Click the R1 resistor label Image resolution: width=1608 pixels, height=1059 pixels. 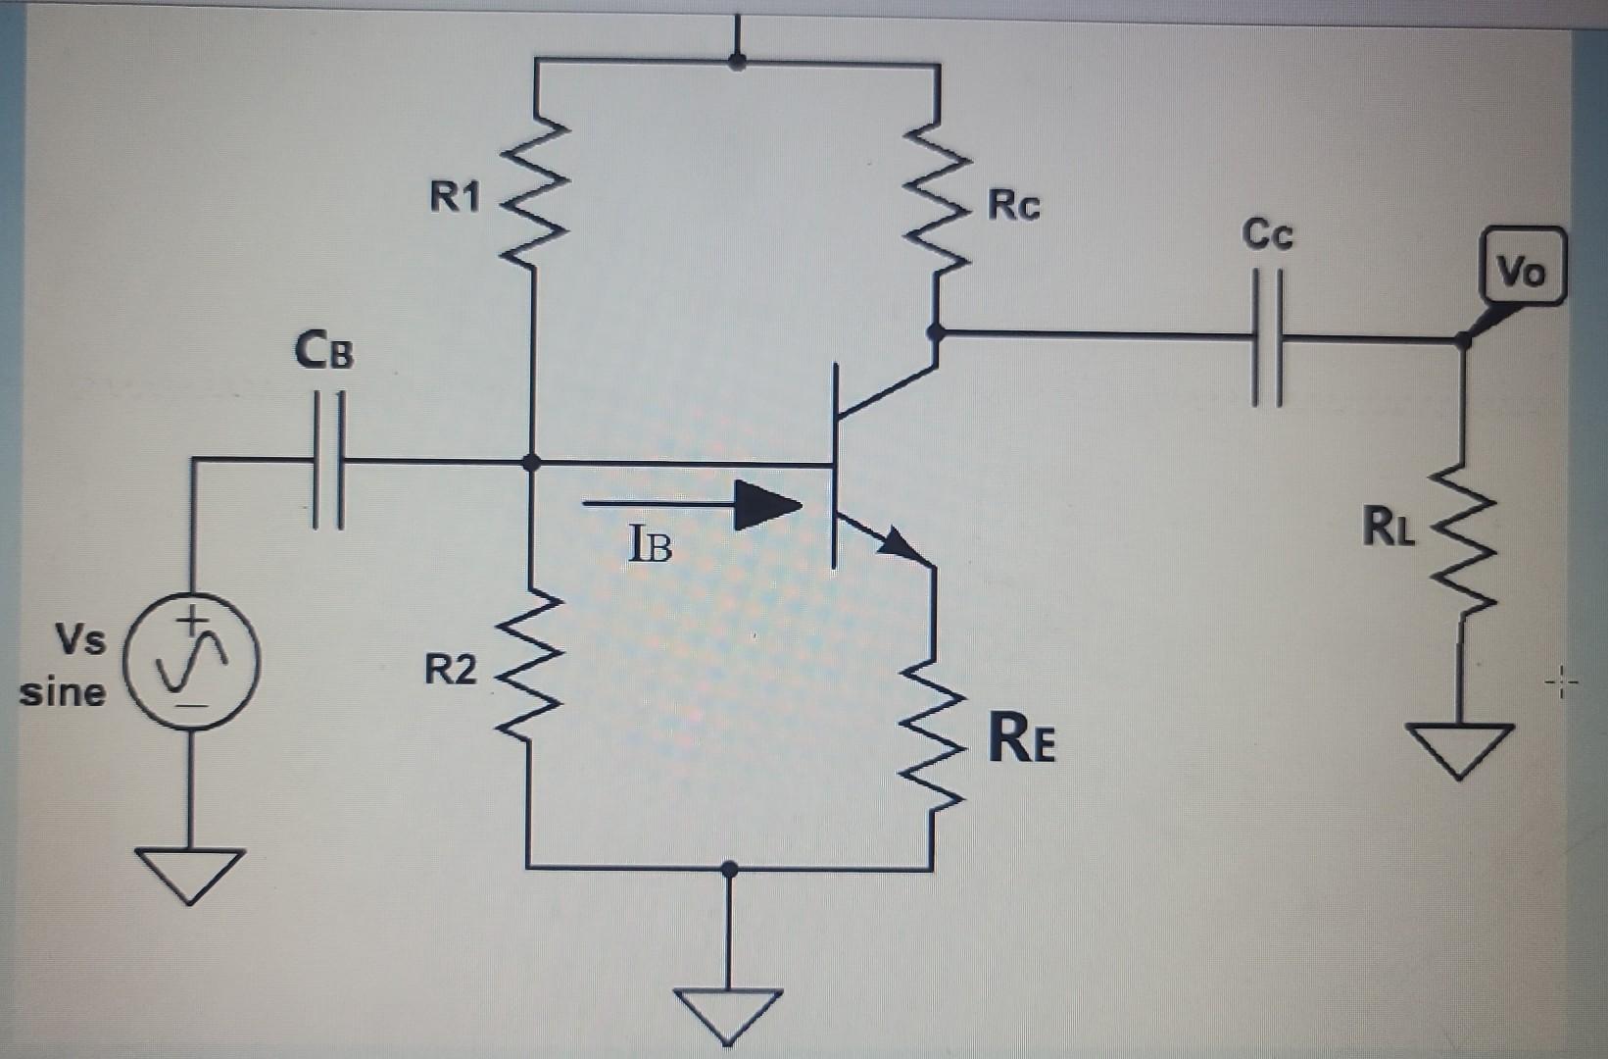coord(455,197)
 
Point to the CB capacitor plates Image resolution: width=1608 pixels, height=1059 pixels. coord(328,460)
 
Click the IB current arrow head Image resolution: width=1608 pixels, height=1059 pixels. coord(769,506)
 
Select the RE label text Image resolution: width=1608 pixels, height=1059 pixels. coord(1021,739)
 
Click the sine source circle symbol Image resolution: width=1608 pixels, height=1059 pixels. coord(192,661)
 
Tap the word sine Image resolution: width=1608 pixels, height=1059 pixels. coord(63,692)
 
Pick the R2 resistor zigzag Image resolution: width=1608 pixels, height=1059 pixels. coord(529,667)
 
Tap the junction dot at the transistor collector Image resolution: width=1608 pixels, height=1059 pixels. coord(936,332)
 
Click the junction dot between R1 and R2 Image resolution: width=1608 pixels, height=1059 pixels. coord(531,462)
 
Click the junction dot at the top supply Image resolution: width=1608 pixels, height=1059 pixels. coord(737,62)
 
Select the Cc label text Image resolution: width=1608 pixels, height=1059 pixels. coord(1267,234)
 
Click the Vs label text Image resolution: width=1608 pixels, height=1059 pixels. coord(80,640)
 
